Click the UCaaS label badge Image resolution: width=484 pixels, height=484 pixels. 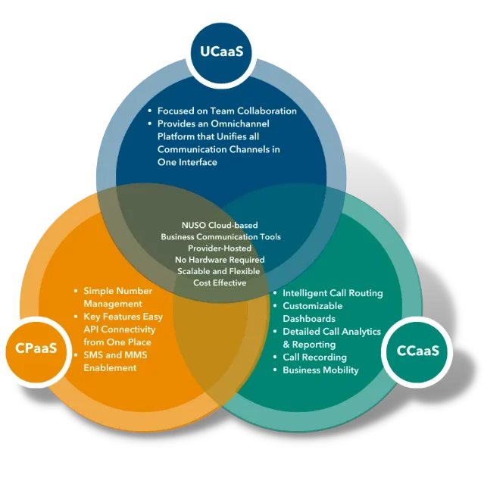tap(221, 52)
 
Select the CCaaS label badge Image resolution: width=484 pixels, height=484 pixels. tap(418, 351)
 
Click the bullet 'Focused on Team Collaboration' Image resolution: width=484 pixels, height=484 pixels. tap(226, 111)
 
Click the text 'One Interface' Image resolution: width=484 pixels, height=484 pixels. tap(187, 162)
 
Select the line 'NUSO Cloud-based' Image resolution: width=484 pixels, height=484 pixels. tap(220, 225)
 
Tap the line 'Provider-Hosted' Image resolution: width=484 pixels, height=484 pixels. tap(220, 248)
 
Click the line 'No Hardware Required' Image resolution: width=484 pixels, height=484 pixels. tap(220, 259)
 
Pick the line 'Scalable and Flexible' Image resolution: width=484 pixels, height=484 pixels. tap(219, 270)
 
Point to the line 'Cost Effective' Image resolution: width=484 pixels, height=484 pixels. tap(220, 283)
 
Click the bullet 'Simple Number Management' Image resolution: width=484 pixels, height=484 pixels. tap(117, 297)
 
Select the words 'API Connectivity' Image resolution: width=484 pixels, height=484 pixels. tap(119, 329)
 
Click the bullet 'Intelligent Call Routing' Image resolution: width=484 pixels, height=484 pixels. tap(333, 293)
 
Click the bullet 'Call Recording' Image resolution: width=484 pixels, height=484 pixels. tap(314, 357)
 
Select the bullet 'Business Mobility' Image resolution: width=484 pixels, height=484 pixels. tap(320, 370)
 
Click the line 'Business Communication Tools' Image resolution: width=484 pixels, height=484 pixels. tap(220, 236)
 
